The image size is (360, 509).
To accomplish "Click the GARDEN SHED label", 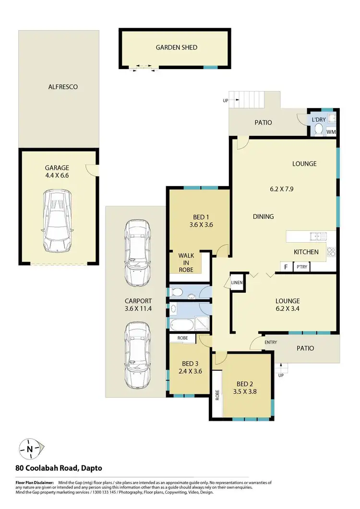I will tap(176, 47).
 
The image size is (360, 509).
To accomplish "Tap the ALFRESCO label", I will tap(63, 87).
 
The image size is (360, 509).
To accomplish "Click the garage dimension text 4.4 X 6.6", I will tap(57, 177).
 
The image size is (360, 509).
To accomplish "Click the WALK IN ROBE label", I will tap(186, 263).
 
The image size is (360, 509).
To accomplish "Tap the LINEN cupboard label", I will tap(237, 283).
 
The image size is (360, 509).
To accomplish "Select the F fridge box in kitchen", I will tap(287, 267).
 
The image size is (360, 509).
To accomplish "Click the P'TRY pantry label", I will tap(302, 267).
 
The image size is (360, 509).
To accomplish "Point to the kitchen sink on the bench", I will tap(317, 236).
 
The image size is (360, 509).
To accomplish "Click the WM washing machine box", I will tap(331, 131).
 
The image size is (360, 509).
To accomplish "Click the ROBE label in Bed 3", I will tap(182, 338).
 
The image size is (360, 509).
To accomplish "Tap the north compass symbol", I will tap(30, 450).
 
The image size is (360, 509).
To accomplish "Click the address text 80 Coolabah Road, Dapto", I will tap(59, 468).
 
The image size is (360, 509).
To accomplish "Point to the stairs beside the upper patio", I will tap(247, 100).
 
